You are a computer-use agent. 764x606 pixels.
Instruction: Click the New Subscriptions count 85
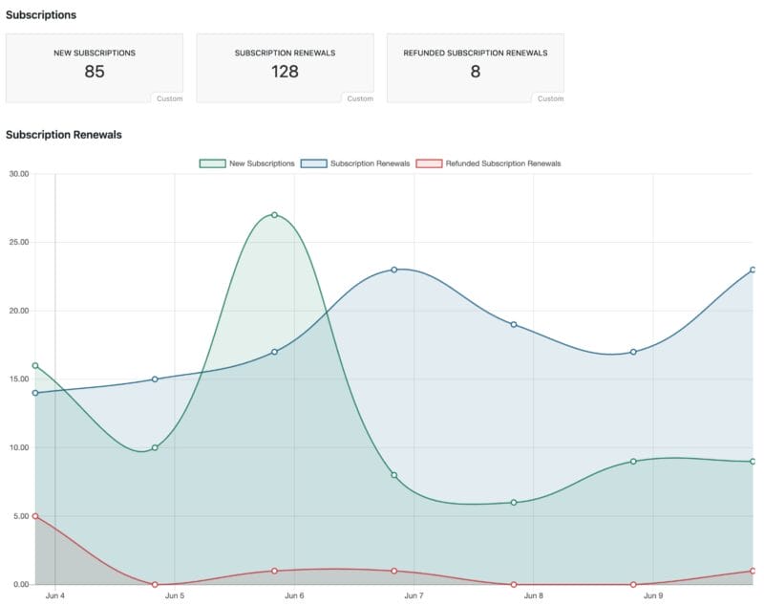pos(94,72)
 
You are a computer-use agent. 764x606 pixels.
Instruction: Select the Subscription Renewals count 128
pos(285,72)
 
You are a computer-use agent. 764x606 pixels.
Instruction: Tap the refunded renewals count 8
pos(476,72)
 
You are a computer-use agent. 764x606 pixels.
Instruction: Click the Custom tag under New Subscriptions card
pos(169,98)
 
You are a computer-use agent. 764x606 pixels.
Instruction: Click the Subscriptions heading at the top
pos(41,15)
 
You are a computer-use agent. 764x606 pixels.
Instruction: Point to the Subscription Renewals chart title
pos(64,135)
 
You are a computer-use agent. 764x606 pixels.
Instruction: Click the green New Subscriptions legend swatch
pos(212,163)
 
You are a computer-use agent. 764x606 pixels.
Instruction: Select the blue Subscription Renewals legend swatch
pos(313,163)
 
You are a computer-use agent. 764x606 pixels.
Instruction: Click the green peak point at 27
pos(274,215)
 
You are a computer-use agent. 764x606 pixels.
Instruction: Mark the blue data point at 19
pos(514,324)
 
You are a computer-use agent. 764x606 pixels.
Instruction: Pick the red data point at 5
pos(35,516)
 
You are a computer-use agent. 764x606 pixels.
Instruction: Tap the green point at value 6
pos(514,503)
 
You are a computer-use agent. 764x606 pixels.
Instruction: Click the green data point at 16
pos(35,365)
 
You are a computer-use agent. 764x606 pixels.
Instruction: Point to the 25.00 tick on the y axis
pos(19,242)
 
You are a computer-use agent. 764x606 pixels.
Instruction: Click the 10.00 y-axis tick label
pos(19,447)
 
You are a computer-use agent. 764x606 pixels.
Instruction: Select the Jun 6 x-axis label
pos(294,596)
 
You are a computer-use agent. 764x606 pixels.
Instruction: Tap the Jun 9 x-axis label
pos(653,596)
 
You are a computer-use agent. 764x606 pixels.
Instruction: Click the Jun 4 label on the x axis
pos(55,596)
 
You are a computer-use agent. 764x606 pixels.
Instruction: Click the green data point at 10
pos(155,447)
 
